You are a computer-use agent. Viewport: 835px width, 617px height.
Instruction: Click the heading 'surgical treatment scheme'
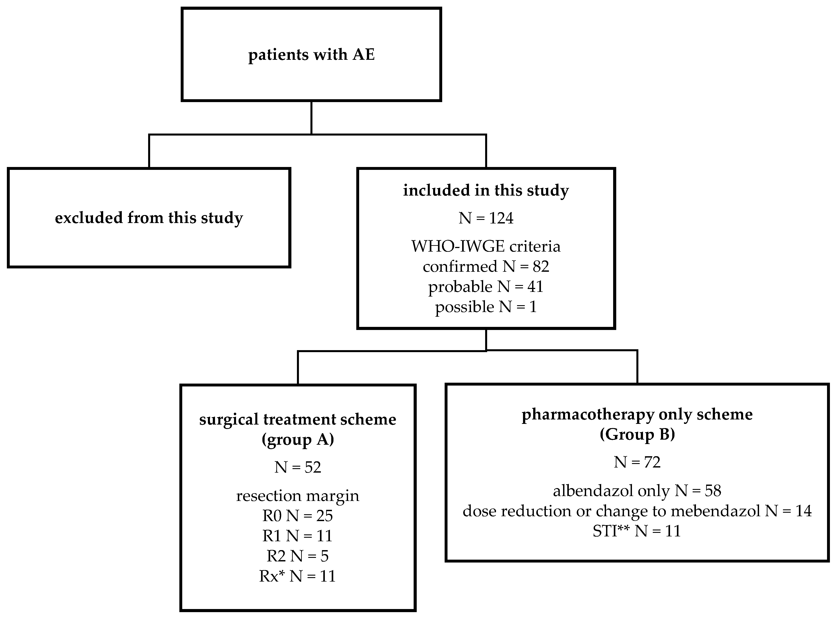(x=298, y=419)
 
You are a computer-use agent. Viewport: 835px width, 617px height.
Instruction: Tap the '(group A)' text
(x=298, y=440)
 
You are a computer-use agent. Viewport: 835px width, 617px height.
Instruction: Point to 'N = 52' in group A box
(x=298, y=467)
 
